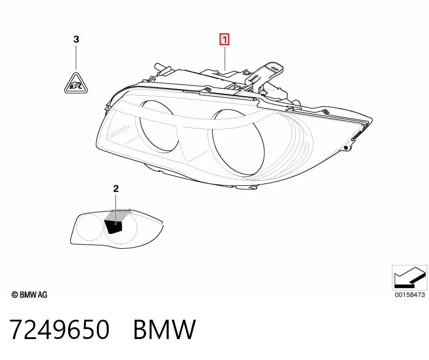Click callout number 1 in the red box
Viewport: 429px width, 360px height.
point(224,40)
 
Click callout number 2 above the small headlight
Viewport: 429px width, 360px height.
point(116,189)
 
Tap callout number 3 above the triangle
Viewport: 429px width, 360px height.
point(76,39)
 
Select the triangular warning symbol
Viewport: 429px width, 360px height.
point(76,83)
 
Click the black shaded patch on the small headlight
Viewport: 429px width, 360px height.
point(113,227)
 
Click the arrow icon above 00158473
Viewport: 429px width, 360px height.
point(409,278)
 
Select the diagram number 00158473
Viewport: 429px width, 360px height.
point(410,294)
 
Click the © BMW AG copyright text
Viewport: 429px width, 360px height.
point(30,294)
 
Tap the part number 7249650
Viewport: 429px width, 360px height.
point(60,329)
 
